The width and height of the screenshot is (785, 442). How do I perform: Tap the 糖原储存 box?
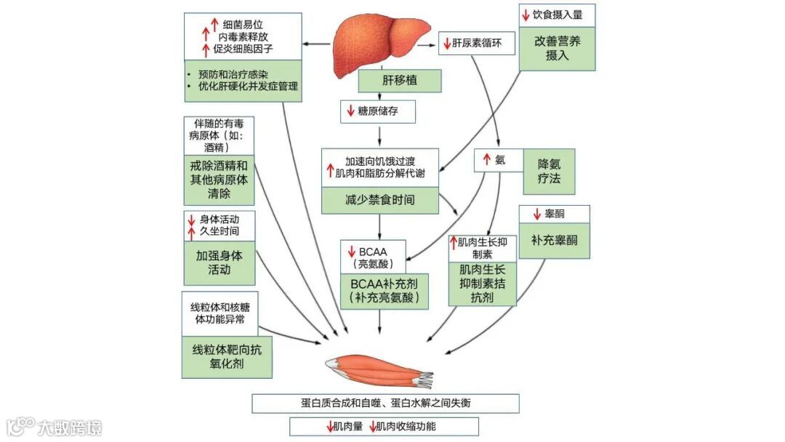pyautogui.click(x=378, y=111)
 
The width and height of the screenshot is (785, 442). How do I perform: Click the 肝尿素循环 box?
pyautogui.click(x=478, y=44)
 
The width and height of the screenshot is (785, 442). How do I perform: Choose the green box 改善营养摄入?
pyautogui.click(x=557, y=49)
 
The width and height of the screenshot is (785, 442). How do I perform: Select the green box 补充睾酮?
pyautogui.click(x=554, y=240)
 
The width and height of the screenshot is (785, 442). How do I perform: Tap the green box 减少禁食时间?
pyautogui.click(x=380, y=200)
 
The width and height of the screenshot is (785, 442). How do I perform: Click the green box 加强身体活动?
pyautogui.click(x=219, y=263)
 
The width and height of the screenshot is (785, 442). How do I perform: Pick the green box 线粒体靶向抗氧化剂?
pyautogui.click(x=227, y=357)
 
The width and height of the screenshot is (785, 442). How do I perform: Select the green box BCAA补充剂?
pyautogui.click(x=384, y=290)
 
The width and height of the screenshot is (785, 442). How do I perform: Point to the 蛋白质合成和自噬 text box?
pyautogui.click(x=385, y=403)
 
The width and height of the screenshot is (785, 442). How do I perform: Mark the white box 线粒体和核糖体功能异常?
pyautogui.click(x=219, y=312)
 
